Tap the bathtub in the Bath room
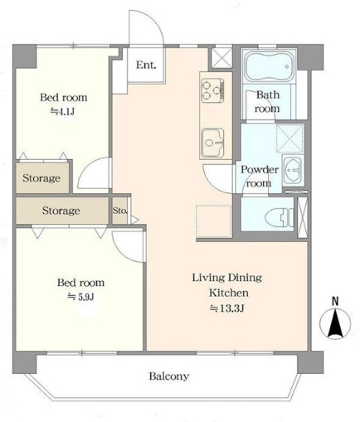(x=269, y=67)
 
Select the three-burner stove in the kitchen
(x=212, y=91)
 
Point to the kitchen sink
(x=213, y=143)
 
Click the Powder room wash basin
(x=293, y=170)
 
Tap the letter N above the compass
(x=335, y=301)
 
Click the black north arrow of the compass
(x=336, y=324)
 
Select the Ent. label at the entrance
(x=146, y=65)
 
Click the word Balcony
(x=169, y=376)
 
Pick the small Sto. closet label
(x=120, y=210)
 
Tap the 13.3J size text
(x=227, y=308)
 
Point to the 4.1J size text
(x=62, y=111)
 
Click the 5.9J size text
(x=81, y=297)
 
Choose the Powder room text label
(x=259, y=176)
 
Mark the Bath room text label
(x=268, y=102)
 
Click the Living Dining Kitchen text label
(x=227, y=285)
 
